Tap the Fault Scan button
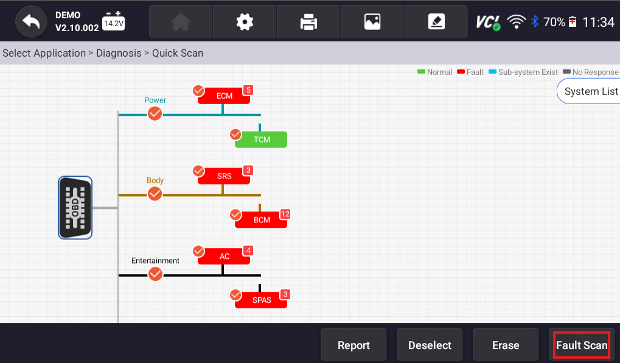tap(582, 345)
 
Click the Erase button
tap(505, 345)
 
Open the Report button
tap(354, 345)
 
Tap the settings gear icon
tap(245, 22)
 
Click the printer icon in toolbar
tap(308, 22)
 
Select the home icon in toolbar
tap(181, 22)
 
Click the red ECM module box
tap(224, 96)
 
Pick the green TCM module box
tap(262, 139)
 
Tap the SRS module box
tap(224, 177)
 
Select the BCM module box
tap(262, 220)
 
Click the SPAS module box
tap(262, 300)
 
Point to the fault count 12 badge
tap(285, 214)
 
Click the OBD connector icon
tap(75, 208)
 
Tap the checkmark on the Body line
tap(155, 194)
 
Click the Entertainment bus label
tap(155, 261)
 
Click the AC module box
tap(224, 256)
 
